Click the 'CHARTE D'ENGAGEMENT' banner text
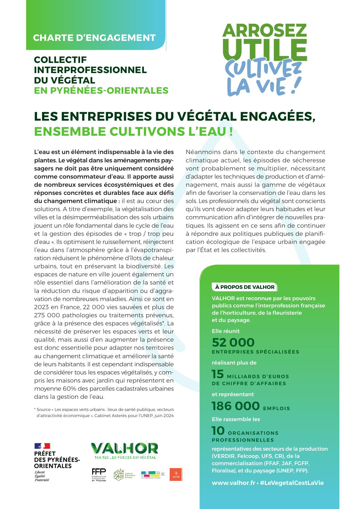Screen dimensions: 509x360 click(94, 38)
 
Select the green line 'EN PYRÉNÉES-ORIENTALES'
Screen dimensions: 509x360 click(101, 90)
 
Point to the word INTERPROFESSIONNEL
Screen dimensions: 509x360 click(90, 70)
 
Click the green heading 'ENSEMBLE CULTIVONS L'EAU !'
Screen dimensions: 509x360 click(133, 132)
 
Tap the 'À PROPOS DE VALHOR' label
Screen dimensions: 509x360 click(245, 287)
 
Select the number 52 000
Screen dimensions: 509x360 click(233, 343)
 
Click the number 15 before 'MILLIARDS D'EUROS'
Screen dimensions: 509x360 click(218, 374)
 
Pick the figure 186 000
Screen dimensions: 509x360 click(235, 406)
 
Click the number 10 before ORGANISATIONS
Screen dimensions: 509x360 click(218, 431)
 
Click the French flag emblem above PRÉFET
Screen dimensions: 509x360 click(42, 446)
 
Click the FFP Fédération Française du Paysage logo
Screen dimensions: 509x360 click(99, 475)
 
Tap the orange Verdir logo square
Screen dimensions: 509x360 click(176, 474)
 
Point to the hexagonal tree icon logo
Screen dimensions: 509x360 click(119, 475)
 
